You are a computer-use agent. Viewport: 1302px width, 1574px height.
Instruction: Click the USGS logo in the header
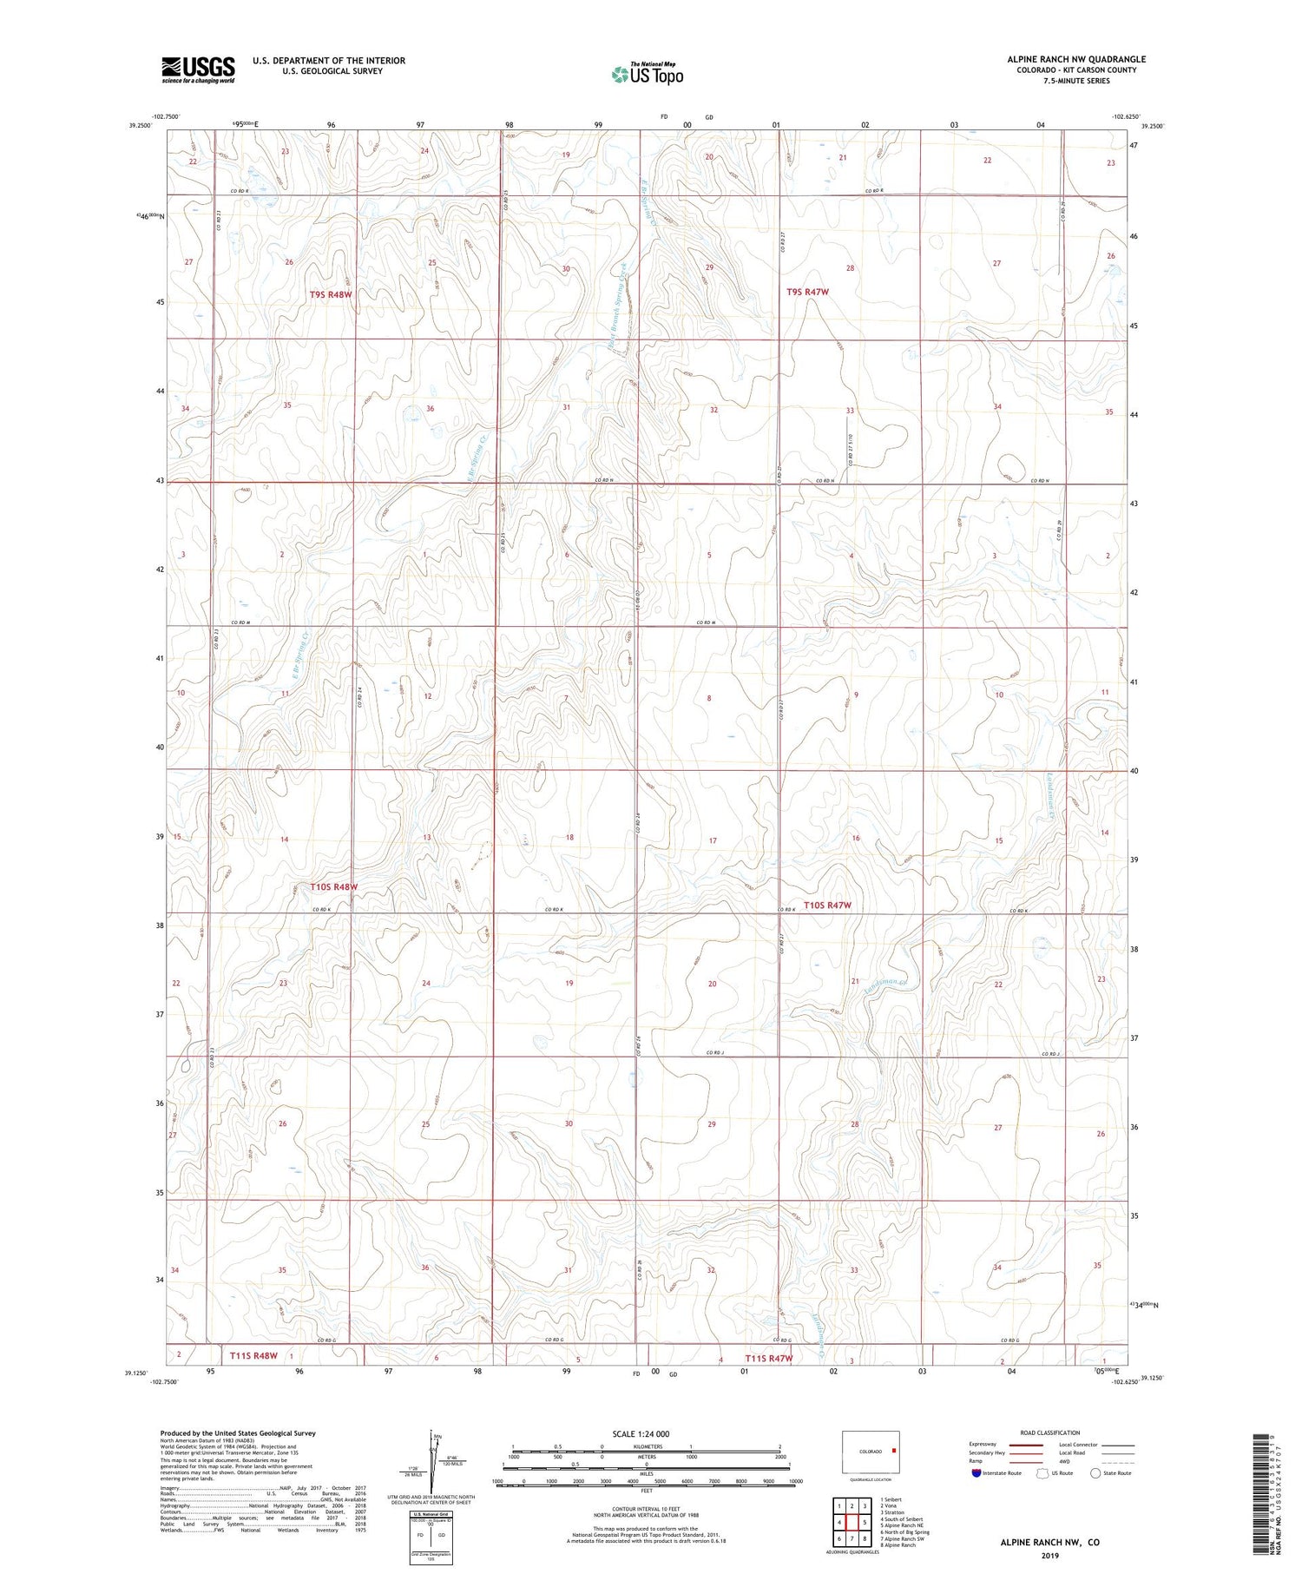(x=198, y=69)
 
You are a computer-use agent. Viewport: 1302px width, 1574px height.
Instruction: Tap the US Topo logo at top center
(x=647, y=75)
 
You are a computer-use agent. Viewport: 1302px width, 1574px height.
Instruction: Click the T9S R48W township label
(x=332, y=294)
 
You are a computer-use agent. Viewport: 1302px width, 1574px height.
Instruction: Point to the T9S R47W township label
(x=806, y=293)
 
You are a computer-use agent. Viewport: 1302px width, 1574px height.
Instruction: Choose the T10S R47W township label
(x=827, y=906)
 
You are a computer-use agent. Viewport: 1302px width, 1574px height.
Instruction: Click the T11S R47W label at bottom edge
(x=768, y=1358)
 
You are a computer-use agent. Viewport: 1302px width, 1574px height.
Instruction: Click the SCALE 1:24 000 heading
(x=646, y=1433)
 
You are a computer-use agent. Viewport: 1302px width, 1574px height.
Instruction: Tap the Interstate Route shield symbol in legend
(x=977, y=1473)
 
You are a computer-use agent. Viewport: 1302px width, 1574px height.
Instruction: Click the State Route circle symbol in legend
(x=1095, y=1473)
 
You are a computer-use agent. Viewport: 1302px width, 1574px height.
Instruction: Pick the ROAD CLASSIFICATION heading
(x=1049, y=1432)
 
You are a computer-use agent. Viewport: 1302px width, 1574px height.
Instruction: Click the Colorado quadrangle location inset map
(x=871, y=1452)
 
